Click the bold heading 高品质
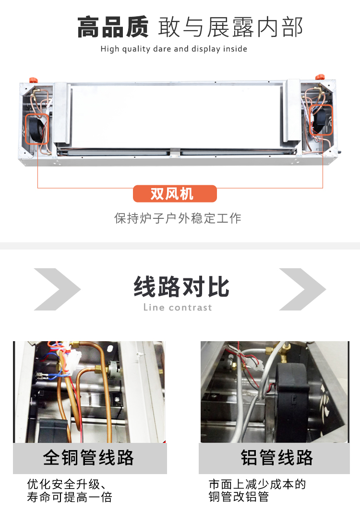113,27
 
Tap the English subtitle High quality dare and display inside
174,49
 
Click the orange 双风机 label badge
175,194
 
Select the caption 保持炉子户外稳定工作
178,218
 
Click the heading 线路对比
181,286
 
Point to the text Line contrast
178,307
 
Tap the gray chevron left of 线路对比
57,289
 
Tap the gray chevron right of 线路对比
302,289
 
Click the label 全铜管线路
88,457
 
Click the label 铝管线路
276,457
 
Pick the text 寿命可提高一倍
70,497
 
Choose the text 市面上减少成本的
257,484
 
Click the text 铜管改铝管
239,497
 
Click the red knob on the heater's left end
33,80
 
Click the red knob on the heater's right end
320,77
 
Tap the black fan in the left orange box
36,130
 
